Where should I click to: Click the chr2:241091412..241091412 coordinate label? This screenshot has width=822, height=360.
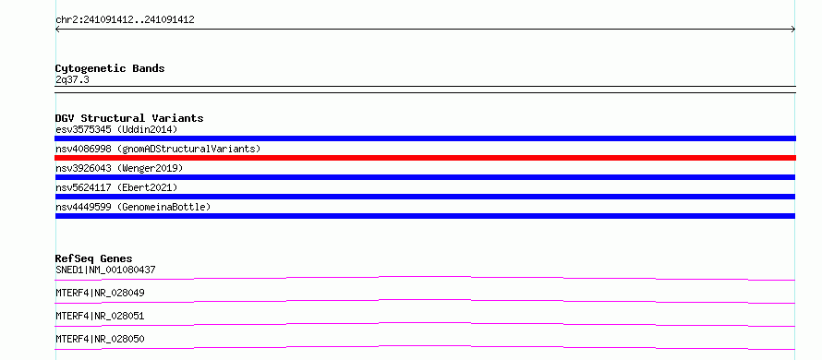tap(125, 20)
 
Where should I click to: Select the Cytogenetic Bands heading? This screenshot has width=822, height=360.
tap(110, 68)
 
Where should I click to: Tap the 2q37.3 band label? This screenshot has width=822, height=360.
tap(72, 79)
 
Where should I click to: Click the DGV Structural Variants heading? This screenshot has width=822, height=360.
tap(129, 118)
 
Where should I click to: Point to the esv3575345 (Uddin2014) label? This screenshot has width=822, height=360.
tap(116, 129)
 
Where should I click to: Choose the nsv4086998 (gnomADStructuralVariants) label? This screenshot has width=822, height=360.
tap(158, 149)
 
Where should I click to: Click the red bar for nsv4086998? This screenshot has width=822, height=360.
tap(425, 158)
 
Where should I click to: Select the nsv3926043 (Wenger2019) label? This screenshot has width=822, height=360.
tap(119, 168)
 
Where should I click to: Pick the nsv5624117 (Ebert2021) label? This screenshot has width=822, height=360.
tap(116, 187)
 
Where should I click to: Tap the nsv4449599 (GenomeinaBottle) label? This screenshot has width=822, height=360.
tap(133, 207)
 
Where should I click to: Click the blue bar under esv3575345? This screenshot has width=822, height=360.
tap(425, 138)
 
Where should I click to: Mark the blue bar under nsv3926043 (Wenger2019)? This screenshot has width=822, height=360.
tap(425, 177)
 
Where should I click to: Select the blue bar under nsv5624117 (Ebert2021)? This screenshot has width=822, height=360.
tap(425, 197)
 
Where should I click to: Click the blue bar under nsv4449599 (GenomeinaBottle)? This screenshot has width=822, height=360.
tap(425, 216)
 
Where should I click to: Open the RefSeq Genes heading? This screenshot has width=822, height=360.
tap(94, 258)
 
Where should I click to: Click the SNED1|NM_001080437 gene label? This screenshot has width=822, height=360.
tap(105, 270)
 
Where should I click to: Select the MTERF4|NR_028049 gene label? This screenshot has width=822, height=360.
tap(100, 293)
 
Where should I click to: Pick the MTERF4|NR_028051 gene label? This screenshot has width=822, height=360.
tap(100, 316)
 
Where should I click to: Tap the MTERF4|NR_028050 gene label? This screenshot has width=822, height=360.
tap(100, 339)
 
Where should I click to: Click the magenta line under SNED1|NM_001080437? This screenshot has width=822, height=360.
tap(425, 277)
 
